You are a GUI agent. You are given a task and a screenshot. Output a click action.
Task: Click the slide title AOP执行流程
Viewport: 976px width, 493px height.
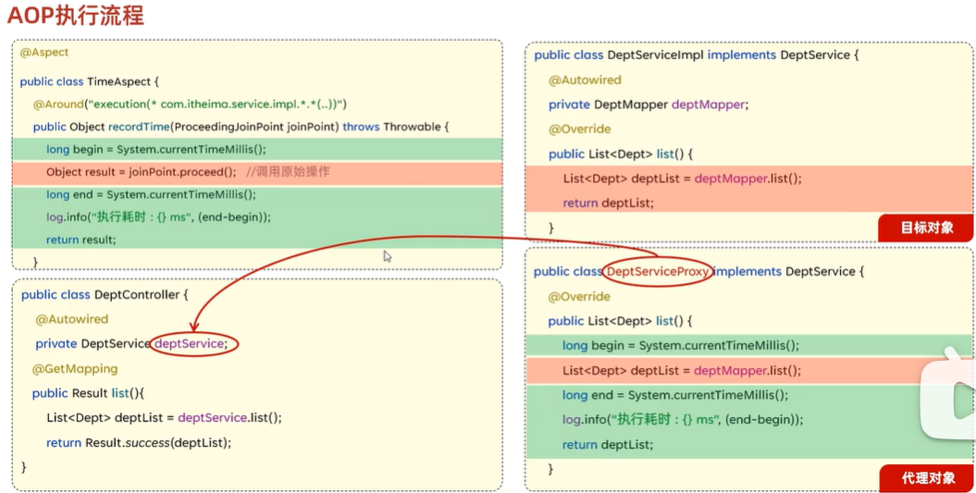click(x=75, y=16)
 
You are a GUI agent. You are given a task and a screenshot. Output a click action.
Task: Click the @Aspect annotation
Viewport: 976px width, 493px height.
click(x=44, y=53)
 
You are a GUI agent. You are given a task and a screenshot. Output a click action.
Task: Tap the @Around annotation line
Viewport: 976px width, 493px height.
click(x=190, y=105)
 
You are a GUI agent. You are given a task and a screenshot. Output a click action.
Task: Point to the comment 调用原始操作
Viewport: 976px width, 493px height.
click(x=289, y=172)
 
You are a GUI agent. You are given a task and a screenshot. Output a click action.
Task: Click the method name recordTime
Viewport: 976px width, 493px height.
click(x=138, y=127)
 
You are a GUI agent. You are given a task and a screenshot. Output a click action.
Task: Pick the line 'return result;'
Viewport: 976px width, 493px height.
click(x=81, y=240)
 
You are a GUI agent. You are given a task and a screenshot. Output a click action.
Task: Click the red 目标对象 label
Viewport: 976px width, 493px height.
click(x=927, y=227)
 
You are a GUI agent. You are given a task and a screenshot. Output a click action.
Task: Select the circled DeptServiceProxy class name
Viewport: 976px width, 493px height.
click(x=658, y=272)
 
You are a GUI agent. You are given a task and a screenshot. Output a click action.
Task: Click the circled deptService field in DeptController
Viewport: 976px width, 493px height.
click(x=191, y=344)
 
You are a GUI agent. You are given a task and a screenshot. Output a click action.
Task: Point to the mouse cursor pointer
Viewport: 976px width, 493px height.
click(x=388, y=256)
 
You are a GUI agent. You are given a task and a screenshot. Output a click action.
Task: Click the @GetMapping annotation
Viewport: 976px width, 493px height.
click(x=75, y=369)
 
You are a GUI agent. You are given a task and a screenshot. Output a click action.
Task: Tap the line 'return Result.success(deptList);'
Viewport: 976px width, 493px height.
click(x=139, y=443)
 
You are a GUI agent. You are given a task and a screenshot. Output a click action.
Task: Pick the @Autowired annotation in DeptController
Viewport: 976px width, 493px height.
click(x=72, y=319)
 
